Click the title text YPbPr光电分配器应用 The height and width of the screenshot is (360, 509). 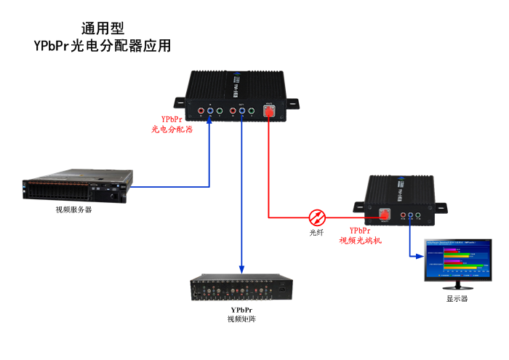tap(103, 46)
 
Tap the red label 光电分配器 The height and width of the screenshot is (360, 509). tap(172, 129)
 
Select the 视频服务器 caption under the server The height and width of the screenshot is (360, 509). tap(74, 210)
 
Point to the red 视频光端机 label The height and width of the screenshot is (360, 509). tap(361, 239)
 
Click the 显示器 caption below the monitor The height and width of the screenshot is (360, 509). tap(457, 298)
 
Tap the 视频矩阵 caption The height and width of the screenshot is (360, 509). tap(241, 319)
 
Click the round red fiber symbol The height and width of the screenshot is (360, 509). tap(318, 217)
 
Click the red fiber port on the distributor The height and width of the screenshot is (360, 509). tap(270, 113)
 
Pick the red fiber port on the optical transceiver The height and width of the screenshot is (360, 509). tap(385, 215)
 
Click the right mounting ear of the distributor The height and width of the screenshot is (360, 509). tap(292, 101)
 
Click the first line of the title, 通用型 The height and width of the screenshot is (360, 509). tap(103, 28)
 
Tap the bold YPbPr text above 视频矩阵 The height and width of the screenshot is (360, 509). tap(241, 310)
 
